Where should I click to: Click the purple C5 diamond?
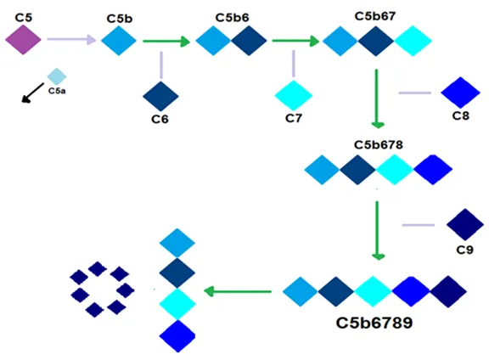click(x=24, y=40)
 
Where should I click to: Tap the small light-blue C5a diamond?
click(x=57, y=76)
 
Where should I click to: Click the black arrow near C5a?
click(x=33, y=93)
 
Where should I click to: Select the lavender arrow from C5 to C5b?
click(x=71, y=39)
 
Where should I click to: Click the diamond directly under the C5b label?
click(x=119, y=41)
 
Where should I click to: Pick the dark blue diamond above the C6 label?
click(x=160, y=96)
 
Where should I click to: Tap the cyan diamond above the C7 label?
click(x=294, y=95)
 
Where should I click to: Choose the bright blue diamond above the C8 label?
click(x=460, y=93)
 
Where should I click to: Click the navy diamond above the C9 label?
click(x=465, y=225)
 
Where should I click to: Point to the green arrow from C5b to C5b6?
click(x=166, y=41)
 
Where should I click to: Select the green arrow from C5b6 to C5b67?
click(x=295, y=41)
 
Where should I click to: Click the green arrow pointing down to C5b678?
click(x=377, y=98)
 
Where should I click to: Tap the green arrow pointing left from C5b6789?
click(x=238, y=292)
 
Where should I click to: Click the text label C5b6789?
click(x=374, y=323)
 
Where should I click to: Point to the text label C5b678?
click(x=379, y=144)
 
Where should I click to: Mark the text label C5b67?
click(x=375, y=16)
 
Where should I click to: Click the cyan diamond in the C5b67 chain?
click(x=413, y=41)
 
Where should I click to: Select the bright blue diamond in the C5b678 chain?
click(x=433, y=170)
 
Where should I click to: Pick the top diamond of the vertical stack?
click(x=177, y=243)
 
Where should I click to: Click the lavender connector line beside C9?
click(x=419, y=225)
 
